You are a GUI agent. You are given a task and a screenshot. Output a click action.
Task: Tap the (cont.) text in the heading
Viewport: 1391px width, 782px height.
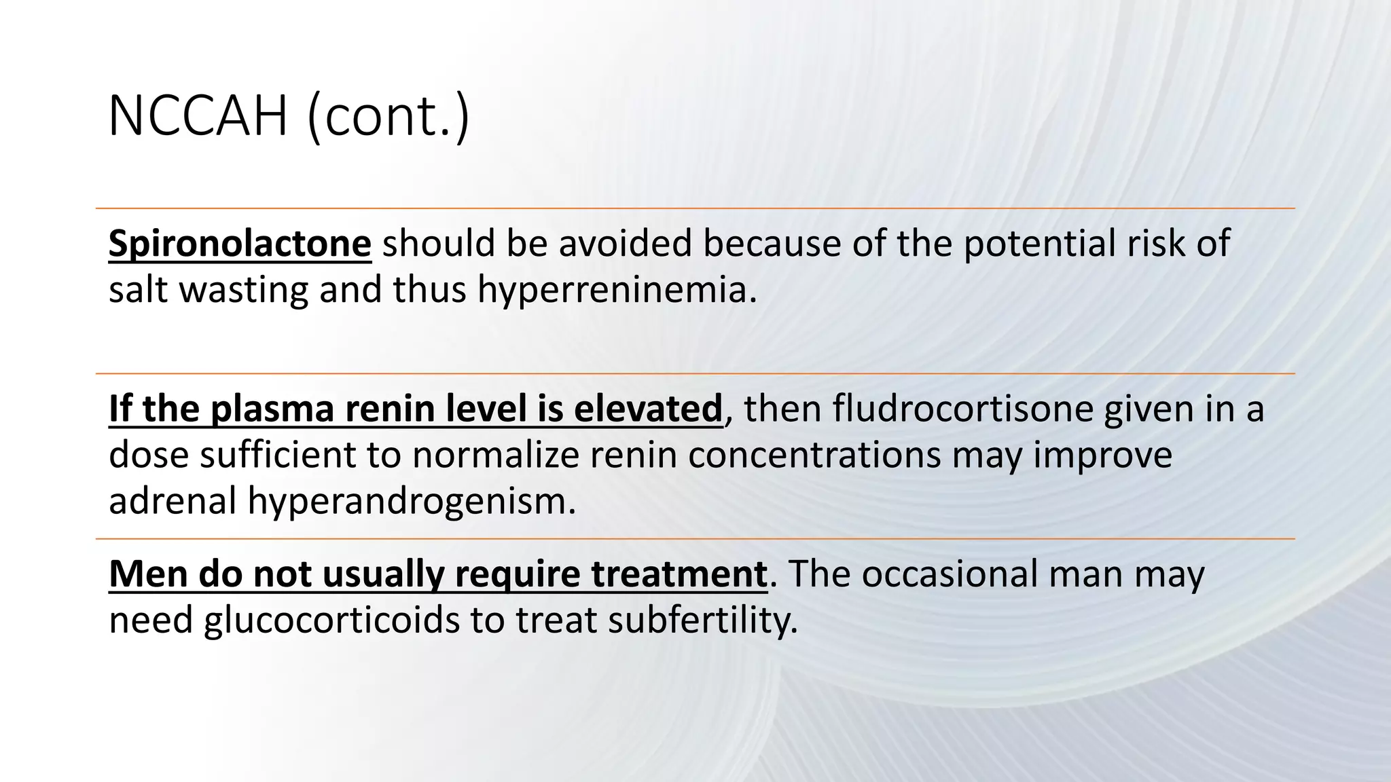(388, 117)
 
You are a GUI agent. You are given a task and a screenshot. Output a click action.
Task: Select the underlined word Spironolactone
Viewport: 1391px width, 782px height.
(240, 243)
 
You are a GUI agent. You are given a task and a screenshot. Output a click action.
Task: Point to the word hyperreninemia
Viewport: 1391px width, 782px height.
(617, 290)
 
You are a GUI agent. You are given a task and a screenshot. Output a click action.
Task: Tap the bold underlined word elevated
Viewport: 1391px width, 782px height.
(648, 409)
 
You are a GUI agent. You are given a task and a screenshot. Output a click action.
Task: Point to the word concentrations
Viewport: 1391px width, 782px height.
(814, 455)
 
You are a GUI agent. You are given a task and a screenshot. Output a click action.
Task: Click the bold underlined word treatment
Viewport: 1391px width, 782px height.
(679, 574)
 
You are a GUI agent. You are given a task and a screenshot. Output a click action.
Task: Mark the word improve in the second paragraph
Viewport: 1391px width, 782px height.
(1102, 455)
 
